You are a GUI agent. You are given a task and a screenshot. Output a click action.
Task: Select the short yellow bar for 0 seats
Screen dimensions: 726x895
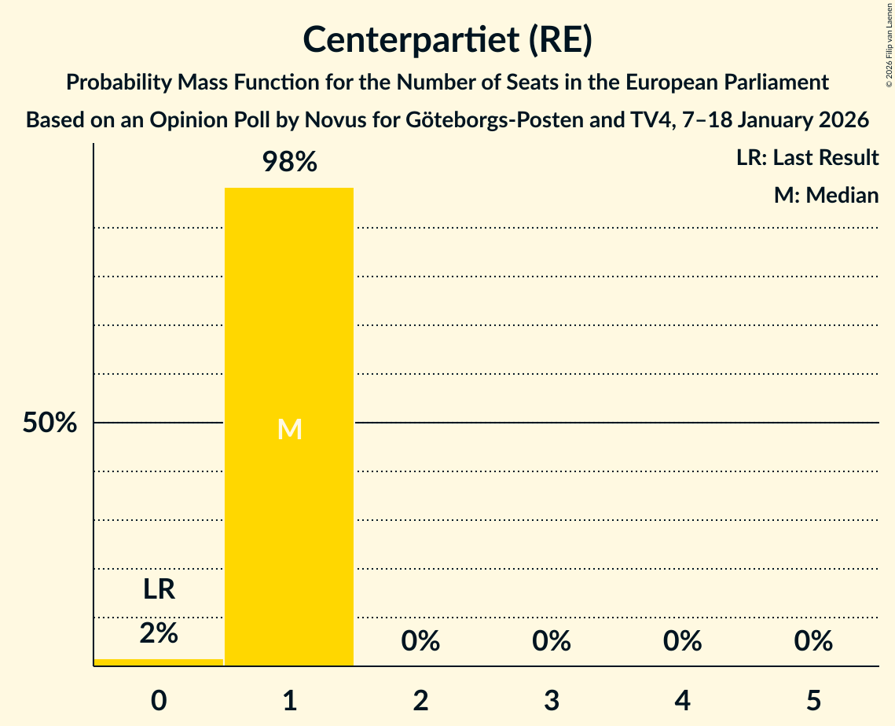coord(159,662)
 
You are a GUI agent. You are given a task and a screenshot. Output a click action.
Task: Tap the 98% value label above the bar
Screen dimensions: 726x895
coord(289,163)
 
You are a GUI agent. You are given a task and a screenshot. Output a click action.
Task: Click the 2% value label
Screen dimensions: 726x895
coord(159,632)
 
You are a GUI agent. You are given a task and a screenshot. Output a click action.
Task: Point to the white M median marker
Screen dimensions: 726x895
coord(289,429)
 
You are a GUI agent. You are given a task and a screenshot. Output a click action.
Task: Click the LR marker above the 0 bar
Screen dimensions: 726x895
coord(159,589)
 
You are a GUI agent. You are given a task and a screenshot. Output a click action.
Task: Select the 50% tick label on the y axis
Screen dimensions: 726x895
coord(50,423)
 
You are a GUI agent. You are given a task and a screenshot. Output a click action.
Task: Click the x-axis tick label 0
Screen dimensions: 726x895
coord(159,700)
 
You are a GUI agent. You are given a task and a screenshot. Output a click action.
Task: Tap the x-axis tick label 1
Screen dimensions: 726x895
coord(289,700)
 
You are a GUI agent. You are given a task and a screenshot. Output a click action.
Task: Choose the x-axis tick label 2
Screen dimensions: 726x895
coord(420,700)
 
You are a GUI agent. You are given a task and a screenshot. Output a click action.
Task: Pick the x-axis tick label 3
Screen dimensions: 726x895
coord(552,700)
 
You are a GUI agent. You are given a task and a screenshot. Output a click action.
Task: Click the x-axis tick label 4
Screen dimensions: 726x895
coord(682,700)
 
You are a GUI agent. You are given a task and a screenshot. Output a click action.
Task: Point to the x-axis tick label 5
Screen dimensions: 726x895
coord(813,700)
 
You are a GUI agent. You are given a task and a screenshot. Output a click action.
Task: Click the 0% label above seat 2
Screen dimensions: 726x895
coord(420,641)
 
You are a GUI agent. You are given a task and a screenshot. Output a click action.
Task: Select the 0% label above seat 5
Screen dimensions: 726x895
coord(813,641)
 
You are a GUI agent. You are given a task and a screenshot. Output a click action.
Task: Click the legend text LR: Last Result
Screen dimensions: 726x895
coord(807,158)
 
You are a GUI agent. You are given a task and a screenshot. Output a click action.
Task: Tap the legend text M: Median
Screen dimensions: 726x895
coord(826,195)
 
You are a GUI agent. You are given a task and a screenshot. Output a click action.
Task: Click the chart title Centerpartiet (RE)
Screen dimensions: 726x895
coord(447,39)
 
